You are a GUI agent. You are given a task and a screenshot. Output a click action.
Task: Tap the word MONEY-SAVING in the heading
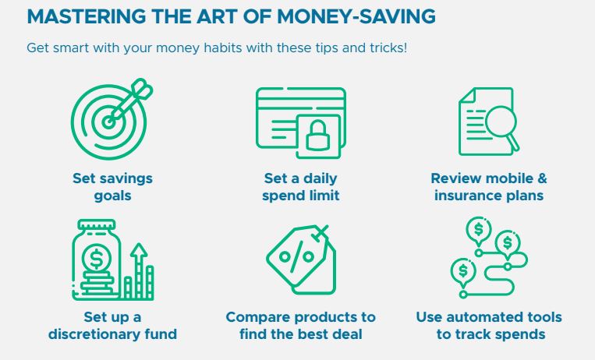coord(356,16)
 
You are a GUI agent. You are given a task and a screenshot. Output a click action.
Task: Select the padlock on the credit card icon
coord(317,136)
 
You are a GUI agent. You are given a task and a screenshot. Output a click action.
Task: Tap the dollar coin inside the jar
coord(97,259)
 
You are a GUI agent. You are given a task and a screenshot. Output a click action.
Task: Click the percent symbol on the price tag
coord(296,257)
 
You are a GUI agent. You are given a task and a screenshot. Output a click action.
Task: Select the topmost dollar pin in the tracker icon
coord(479,231)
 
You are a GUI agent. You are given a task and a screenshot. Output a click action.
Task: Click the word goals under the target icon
coord(113,196)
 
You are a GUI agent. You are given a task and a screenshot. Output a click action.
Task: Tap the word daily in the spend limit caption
coord(321,178)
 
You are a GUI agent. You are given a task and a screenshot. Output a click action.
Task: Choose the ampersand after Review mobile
coord(542,178)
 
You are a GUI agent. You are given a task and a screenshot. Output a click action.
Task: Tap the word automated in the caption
coord(482,317)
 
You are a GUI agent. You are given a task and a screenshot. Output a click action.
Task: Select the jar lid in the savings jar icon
coord(97,224)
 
